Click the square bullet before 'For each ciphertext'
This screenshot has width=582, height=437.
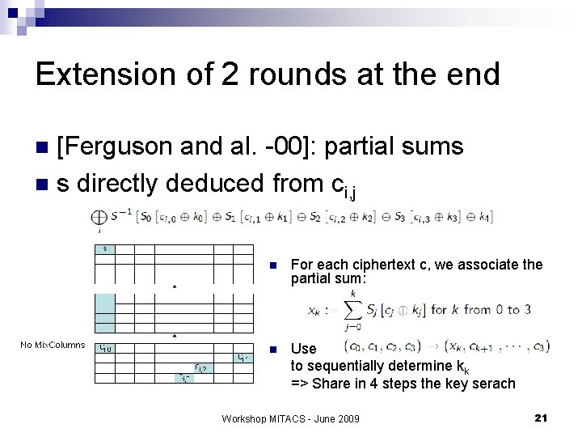pyautogui.click(x=274, y=265)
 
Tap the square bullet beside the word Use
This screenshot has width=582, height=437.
pyautogui.click(x=274, y=349)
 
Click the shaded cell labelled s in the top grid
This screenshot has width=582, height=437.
pyautogui.click(x=104, y=248)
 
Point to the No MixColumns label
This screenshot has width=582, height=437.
pyautogui.click(x=53, y=345)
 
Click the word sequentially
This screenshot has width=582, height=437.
pyautogui.click(x=336, y=366)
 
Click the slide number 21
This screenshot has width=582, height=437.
pyautogui.click(x=542, y=417)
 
